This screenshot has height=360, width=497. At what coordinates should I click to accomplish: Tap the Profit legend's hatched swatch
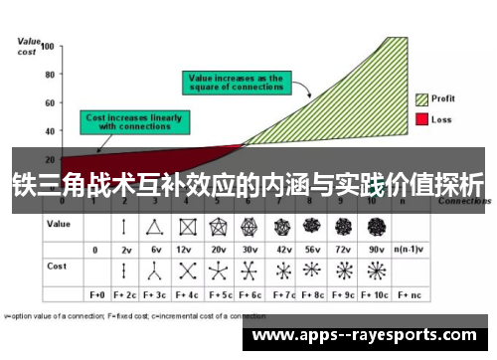[421, 98]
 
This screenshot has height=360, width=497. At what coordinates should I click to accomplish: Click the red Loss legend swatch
[421, 119]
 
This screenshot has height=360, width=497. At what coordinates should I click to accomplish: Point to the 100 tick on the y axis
[48, 46]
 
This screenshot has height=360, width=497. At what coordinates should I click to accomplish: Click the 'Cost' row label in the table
[58, 268]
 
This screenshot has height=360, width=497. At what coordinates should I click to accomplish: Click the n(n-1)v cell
[409, 249]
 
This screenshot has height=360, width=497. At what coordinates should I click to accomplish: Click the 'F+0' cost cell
[97, 295]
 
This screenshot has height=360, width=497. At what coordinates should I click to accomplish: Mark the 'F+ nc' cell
[410, 295]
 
